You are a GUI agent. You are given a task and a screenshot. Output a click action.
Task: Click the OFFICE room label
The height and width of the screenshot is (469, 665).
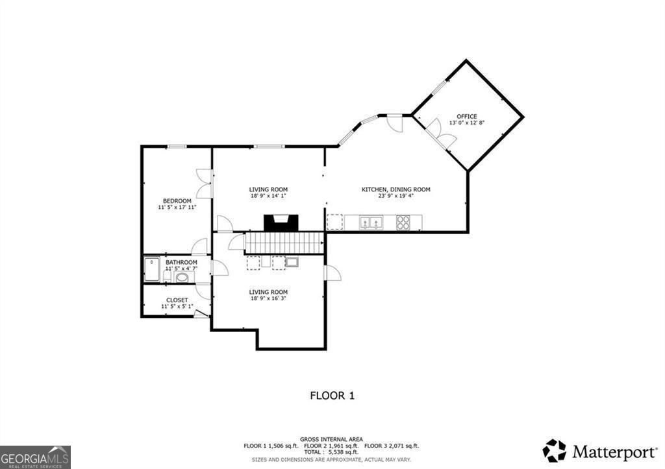coord(466,117)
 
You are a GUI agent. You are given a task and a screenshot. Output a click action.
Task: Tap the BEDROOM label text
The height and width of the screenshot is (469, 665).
coord(177,201)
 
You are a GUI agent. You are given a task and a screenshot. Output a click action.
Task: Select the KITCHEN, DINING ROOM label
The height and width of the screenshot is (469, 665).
coord(395,189)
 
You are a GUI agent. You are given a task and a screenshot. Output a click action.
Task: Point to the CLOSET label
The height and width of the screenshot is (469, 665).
coord(177,300)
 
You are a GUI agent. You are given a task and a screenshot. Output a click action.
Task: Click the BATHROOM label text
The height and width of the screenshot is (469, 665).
coord(181,263)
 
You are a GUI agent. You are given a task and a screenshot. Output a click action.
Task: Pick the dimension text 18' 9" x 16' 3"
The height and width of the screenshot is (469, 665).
coord(268,299)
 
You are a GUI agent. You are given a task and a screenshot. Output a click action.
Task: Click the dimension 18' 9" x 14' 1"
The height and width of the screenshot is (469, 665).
coord(268,196)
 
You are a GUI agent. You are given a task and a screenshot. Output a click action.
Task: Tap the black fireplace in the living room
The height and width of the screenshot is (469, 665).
coord(281,222)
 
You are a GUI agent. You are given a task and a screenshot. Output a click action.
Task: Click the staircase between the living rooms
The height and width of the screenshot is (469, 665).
coord(284,243)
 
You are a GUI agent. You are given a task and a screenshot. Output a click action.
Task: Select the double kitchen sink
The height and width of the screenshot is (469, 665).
coord(371,222)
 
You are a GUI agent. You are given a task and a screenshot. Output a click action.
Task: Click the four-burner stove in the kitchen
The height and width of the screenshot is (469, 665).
coord(403,222)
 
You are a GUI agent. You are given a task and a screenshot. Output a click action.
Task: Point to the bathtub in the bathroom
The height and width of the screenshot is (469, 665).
coord(152,269)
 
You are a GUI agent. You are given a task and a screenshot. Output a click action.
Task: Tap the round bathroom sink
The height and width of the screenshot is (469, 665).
coord(182,277)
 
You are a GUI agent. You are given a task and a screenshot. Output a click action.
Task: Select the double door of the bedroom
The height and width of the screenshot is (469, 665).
coord(204,184)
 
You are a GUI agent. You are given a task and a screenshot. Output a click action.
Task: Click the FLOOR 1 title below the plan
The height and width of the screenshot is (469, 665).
coord(332,394)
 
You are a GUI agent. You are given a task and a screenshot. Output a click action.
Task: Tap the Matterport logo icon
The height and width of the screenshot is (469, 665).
coord(554,450)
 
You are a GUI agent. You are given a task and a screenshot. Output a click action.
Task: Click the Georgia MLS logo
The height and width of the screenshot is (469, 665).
coord(35,457)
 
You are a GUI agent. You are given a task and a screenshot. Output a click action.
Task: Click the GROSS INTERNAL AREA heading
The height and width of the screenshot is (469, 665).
coord(331,439)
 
